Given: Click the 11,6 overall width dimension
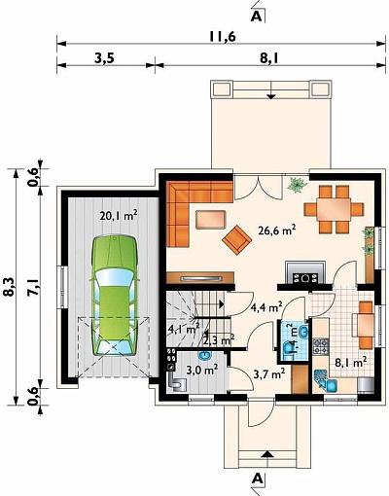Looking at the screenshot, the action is coord(222,37).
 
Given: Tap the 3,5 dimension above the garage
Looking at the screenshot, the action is coord(104,59).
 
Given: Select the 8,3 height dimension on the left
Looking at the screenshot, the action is coord(9,286).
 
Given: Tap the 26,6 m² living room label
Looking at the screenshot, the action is coord(277,230).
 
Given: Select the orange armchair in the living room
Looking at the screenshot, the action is coord(237,240).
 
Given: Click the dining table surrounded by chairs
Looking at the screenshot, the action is coord(334,209).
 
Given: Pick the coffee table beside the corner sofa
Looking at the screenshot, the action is coord(211,220).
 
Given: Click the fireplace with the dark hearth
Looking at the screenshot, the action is coord(305,273).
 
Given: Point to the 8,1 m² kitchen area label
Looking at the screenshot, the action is coord(351,363).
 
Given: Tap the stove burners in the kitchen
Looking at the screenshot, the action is coord(321,346).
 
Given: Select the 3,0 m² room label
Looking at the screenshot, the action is coord(201,370).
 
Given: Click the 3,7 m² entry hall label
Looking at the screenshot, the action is coord(269,374).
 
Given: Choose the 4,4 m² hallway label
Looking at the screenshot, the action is coord(266,306).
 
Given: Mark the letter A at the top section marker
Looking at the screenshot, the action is coord(256,17).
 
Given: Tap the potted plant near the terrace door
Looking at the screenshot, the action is coord(298,185).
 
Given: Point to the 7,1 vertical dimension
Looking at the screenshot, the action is coord(34,287).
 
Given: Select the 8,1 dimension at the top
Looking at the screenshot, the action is coord(269,59).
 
